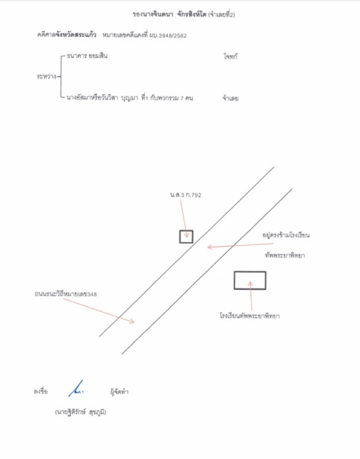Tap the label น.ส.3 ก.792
pyautogui.click(x=185, y=195)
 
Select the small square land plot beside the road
pyautogui.click(x=186, y=237)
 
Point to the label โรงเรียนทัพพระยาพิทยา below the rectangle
pyautogui.click(x=249, y=316)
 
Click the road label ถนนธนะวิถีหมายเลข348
pyautogui.click(x=65, y=294)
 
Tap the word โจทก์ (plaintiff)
pyautogui.click(x=230, y=56)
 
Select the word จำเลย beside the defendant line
pyautogui.click(x=230, y=98)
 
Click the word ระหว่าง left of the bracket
pyautogui.click(x=46, y=77)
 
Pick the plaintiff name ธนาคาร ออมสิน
pyautogui.click(x=87, y=56)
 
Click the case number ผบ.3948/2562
pyautogui.click(x=168, y=36)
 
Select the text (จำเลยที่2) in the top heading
pyautogui.click(x=221, y=15)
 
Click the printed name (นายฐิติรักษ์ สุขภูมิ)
pyautogui.click(x=80, y=412)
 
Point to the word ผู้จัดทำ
pyautogui.click(x=119, y=392)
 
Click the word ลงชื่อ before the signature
pyautogui.click(x=41, y=391)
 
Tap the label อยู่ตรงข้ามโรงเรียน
pyautogui.click(x=285, y=235)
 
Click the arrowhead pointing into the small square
pyautogui.click(x=186, y=235)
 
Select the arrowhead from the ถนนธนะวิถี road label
pyautogui.click(x=132, y=321)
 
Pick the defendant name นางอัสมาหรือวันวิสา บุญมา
pyautogui.click(x=102, y=98)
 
